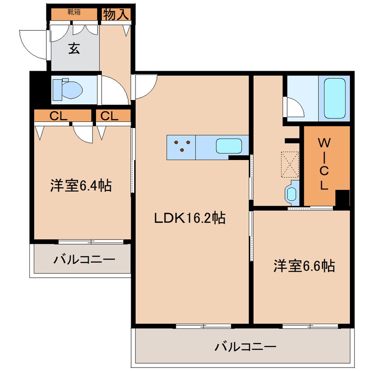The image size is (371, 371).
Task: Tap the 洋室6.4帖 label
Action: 80,185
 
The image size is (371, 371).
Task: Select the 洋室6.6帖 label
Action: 304,265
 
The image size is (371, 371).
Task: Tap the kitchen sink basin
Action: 229,145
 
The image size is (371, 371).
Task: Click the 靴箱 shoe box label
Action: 74,13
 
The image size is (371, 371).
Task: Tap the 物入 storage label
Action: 116,14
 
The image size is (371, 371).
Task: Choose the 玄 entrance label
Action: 74,49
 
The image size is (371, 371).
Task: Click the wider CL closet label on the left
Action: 58,116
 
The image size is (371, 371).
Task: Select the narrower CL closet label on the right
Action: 110,116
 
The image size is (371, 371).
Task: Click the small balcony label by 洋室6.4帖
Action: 84,259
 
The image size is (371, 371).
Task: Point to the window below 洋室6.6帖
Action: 310,326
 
